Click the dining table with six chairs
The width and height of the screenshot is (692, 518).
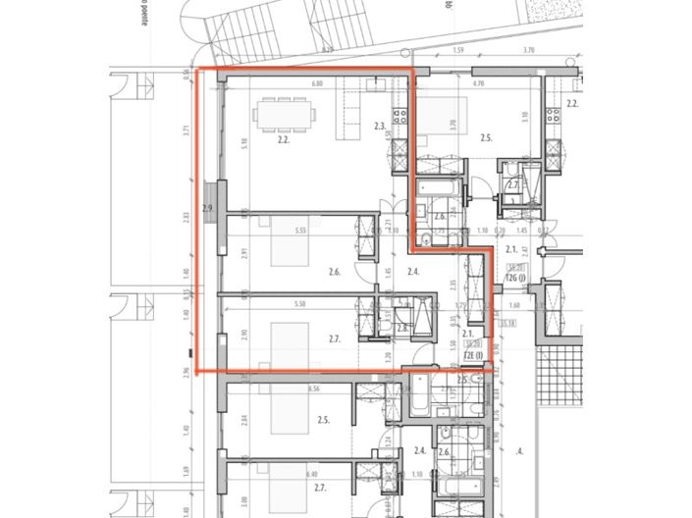[x=286, y=115]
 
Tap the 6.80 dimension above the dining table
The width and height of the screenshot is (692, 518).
[x=318, y=84]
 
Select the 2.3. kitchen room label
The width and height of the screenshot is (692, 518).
[x=380, y=126]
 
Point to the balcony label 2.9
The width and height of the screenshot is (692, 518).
[x=207, y=209]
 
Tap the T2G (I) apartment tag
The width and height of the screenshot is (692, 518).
[x=513, y=279]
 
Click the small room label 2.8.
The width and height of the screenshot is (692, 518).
[x=401, y=329]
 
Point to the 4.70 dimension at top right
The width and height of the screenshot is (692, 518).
[x=478, y=84]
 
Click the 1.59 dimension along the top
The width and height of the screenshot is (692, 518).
[x=458, y=50]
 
